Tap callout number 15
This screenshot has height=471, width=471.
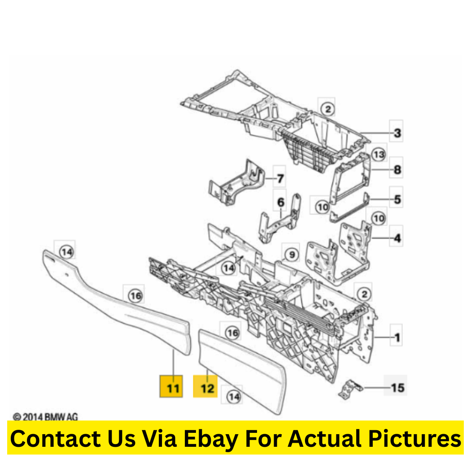(x=398, y=388)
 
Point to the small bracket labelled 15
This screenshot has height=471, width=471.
(x=350, y=389)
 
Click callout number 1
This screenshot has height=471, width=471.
(x=397, y=338)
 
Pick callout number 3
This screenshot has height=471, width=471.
(x=397, y=133)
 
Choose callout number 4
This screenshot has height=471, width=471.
(x=397, y=238)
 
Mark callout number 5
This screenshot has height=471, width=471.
(x=397, y=199)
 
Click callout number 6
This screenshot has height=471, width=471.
(x=280, y=202)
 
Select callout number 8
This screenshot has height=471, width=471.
(x=397, y=170)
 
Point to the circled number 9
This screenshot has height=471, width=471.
(x=292, y=255)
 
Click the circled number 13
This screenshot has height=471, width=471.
(x=379, y=154)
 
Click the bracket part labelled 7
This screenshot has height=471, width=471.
(x=237, y=184)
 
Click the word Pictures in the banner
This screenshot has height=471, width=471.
(x=414, y=439)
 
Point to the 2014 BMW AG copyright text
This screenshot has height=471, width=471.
(x=45, y=417)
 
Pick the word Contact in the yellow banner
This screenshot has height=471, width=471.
(x=56, y=439)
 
